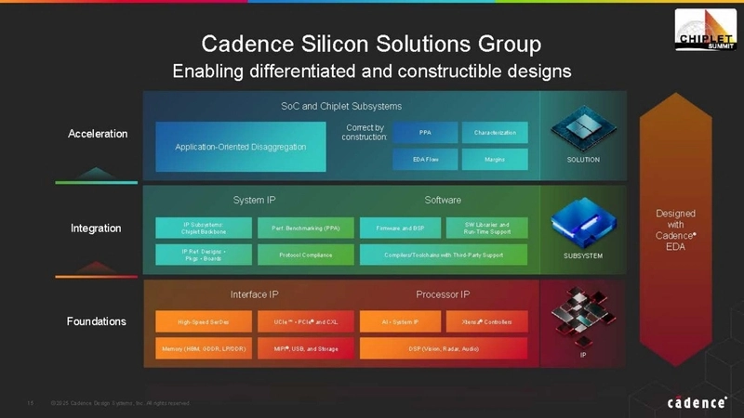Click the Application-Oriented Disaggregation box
[x=240, y=147]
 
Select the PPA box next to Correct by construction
[x=424, y=133]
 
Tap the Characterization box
[x=494, y=133]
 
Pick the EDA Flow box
[x=424, y=160]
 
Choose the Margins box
[x=494, y=160]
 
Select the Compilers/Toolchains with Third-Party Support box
[x=443, y=255]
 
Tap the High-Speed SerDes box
[x=204, y=322]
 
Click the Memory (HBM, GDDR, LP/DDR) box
[x=204, y=348]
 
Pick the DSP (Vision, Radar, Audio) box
[x=443, y=348]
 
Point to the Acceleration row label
[x=98, y=134]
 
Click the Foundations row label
[x=96, y=321]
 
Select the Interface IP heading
[x=254, y=294]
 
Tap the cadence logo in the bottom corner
[x=697, y=402]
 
